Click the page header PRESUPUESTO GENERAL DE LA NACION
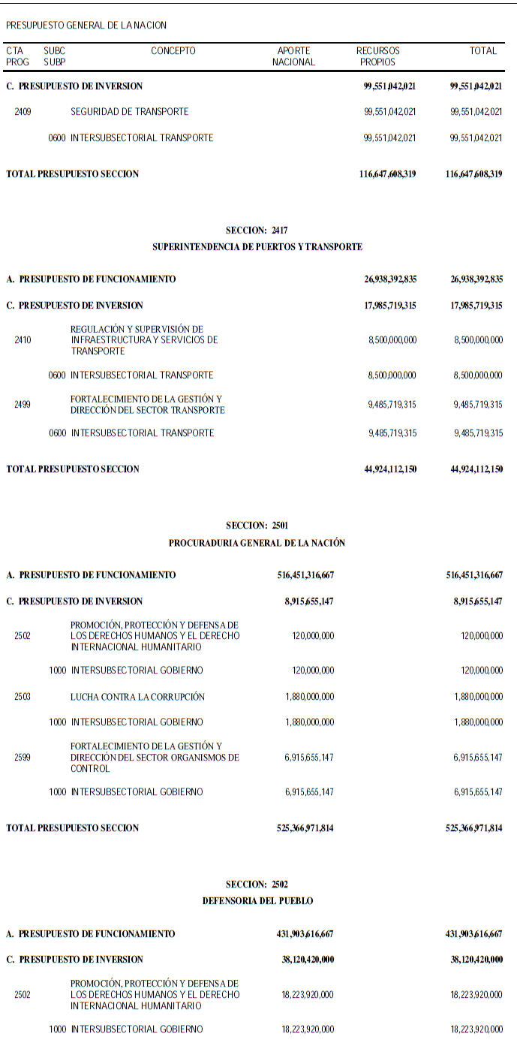86,25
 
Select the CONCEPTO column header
173,51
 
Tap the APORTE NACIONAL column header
293,56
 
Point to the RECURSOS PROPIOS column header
377,56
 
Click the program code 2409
23,112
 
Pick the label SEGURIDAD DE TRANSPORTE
129,112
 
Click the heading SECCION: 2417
257,231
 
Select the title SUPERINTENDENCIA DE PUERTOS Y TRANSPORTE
257,246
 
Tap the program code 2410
23,340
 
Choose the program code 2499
23,405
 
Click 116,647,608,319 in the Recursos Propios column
388,174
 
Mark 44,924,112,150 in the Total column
474,469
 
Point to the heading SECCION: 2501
257,526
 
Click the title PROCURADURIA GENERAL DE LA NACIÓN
257,542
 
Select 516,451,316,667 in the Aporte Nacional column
305,575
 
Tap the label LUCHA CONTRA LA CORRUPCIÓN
137,697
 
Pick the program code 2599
23,758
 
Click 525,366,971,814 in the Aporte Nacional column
305,828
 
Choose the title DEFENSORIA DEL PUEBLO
257,900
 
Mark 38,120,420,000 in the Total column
474,960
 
